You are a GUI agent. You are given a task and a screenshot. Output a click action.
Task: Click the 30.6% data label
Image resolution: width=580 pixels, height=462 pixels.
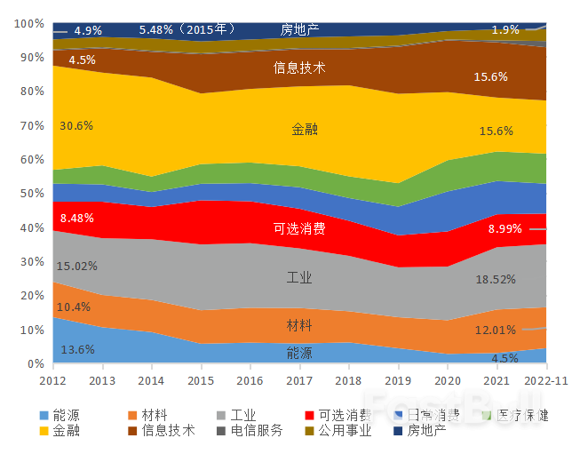(x=76, y=126)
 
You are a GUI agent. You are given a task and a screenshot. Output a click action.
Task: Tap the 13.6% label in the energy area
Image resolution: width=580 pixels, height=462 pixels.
(x=77, y=349)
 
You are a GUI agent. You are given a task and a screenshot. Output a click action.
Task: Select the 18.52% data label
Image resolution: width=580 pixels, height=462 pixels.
(x=496, y=279)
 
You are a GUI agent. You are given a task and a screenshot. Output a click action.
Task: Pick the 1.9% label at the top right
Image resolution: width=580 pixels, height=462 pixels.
(x=505, y=30)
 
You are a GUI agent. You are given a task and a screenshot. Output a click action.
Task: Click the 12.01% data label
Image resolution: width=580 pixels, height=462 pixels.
(x=496, y=331)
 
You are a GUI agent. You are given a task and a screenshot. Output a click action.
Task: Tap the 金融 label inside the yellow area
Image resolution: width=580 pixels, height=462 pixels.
(x=305, y=130)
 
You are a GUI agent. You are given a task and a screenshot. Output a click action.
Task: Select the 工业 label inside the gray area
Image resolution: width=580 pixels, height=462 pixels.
(x=299, y=278)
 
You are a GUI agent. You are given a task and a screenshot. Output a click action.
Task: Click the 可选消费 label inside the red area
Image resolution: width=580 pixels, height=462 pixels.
(x=298, y=228)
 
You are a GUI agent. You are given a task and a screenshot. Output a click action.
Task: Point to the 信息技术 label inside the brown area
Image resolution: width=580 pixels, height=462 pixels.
(x=299, y=68)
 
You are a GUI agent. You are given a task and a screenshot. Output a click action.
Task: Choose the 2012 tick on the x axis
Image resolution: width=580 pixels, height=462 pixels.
(x=52, y=380)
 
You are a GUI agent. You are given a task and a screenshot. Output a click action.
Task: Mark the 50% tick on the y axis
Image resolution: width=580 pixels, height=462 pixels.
(x=32, y=194)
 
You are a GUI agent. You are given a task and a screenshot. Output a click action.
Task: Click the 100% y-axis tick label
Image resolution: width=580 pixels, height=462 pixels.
(x=29, y=23)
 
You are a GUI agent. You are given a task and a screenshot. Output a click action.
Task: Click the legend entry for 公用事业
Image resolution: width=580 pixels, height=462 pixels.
(x=338, y=431)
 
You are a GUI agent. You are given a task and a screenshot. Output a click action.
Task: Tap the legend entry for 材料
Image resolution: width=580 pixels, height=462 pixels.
(x=147, y=415)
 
